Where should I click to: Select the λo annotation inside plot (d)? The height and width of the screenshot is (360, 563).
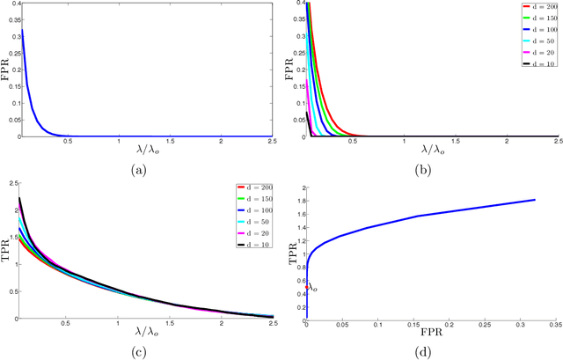312,286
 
